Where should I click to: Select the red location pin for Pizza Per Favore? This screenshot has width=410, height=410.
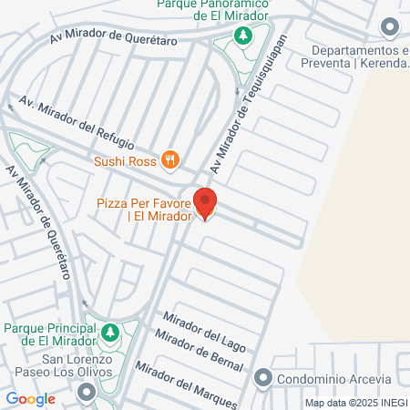tap(206, 203)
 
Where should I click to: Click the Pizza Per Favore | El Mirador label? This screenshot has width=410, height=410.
tap(144, 210)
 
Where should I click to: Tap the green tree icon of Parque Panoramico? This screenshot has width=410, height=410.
tap(243, 36)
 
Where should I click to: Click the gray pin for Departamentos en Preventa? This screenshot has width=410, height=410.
tap(391, 27)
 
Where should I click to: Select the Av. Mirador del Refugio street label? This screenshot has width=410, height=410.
tap(77, 125)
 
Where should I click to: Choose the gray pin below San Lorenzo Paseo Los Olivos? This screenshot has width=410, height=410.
tap(87, 392)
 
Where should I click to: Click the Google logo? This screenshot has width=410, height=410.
tap(31, 398)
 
